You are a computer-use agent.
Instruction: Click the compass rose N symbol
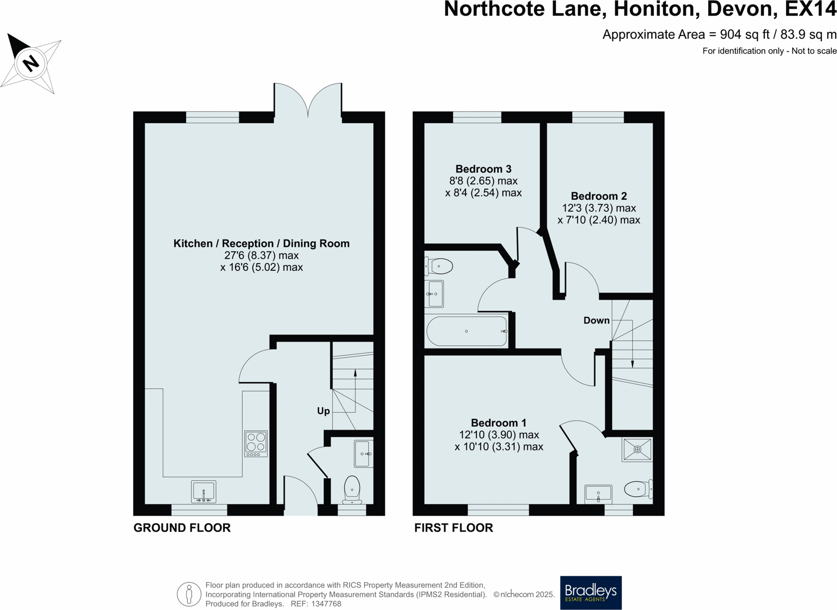coord(31,63)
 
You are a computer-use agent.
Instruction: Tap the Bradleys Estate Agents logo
coord(591,593)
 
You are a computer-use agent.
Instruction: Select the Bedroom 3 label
coord(483,169)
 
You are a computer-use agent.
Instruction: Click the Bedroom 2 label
coord(599,196)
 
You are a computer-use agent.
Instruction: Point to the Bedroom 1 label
coord(499,423)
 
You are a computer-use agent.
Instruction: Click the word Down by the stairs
coord(596,321)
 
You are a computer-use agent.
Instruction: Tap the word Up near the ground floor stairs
coord(323,411)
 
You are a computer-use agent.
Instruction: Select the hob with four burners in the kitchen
coord(256,443)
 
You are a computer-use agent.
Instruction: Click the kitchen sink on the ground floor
coord(203,492)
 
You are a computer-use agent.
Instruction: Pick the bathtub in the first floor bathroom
coord(466,331)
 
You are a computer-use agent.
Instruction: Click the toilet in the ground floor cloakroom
coord(352,489)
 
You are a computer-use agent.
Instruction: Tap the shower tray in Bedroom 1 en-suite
coord(637,450)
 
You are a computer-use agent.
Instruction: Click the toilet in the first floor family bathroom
coord(440,266)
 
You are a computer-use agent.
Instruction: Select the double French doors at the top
coord(308,100)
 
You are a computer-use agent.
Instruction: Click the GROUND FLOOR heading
coord(182,528)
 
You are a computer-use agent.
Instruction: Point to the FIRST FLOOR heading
coord(453,528)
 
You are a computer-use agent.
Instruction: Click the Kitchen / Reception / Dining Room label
coord(262,243)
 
